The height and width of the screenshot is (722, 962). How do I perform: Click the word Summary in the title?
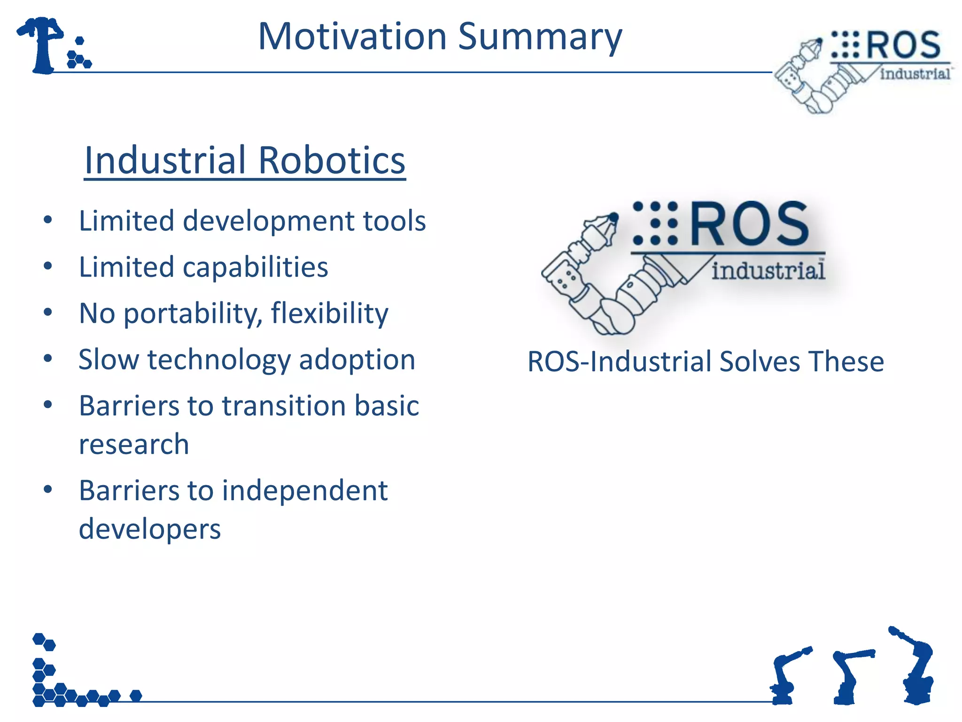pyautogui.click(x=540, y=38)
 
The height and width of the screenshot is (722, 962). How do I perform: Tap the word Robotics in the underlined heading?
pyautogui.click(x=332, y=160)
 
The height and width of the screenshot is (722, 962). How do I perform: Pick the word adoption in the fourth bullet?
pyautogui.click(x=357, y=360)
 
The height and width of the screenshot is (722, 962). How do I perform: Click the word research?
pyautogui.click(x=134, y=445)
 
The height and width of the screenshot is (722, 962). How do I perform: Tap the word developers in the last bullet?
pyautogui.click(x=149, y=529)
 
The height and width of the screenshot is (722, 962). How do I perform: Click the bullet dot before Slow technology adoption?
pyautogui.click(x=47, y=359)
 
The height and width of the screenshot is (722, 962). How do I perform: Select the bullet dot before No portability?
pyautogui.click(x=47, y=313)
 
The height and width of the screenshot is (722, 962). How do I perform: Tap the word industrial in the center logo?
pyautogui.click(x=768, y=271)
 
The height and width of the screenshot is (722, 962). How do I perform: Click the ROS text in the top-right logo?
pyautogui.click(x=903, y=46)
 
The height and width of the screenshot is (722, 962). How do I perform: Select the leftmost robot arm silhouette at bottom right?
pyautogui.click(x=785, y=677)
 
